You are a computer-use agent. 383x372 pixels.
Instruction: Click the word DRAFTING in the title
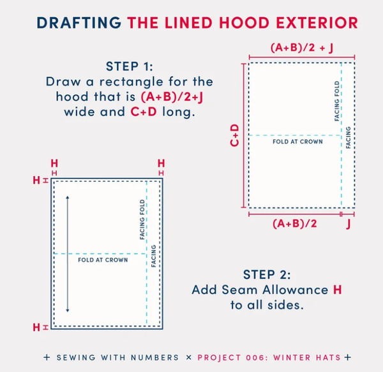79,23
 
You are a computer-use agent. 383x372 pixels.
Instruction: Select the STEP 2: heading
267,275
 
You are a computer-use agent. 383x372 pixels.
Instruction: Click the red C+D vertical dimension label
234,135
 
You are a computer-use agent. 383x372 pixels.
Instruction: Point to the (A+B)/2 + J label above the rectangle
301,47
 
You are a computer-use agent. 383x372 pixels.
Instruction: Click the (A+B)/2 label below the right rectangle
294,223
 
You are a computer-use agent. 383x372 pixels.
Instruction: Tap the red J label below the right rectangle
349,224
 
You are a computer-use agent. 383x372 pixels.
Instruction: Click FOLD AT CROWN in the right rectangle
297,141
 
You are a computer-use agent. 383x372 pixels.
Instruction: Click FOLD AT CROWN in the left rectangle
103,260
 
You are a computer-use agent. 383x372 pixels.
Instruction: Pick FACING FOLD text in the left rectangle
143,219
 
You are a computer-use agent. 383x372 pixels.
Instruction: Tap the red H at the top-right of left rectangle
161,164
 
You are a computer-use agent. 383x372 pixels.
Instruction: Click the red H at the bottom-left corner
36,327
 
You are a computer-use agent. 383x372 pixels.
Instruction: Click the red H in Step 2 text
337,290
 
